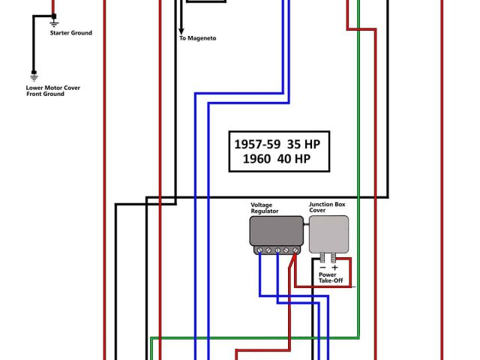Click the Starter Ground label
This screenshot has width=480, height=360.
[x=71, y=33]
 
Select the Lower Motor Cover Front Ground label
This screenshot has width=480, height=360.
[x=52, y=91]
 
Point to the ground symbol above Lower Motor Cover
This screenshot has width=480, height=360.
[x=34, y=76]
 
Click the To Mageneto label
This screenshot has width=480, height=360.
[x=197, y=37]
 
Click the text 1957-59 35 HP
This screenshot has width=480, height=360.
[x=282, y=143]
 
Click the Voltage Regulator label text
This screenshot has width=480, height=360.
[x=265, y=208]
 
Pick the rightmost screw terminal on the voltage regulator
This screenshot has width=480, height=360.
[x=295, y=250]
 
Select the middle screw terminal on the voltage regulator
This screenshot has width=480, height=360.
[x=277, y=250]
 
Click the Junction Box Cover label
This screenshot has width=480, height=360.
[x=328, y=208]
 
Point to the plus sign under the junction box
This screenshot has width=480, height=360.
[x=334, y=268]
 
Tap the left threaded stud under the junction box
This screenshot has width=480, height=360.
[x=323, y=257]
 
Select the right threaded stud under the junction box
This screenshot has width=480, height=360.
[x=334, y=257]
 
